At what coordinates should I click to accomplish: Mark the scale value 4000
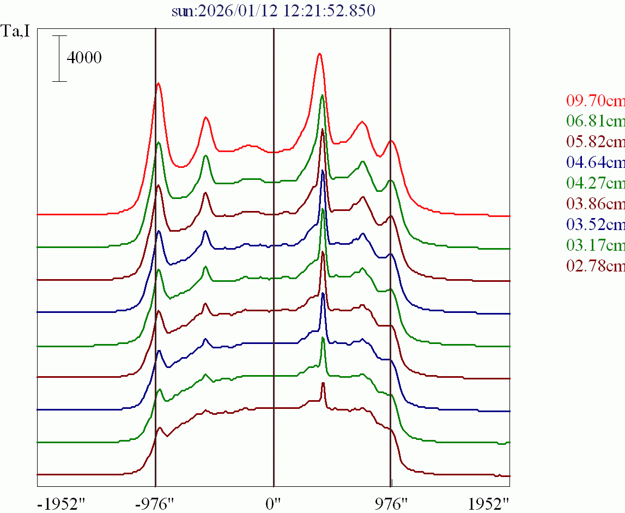tap(84, 58)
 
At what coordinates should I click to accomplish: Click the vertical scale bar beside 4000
tap(59, 59)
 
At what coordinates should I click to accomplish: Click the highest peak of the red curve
tap(320, 54)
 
